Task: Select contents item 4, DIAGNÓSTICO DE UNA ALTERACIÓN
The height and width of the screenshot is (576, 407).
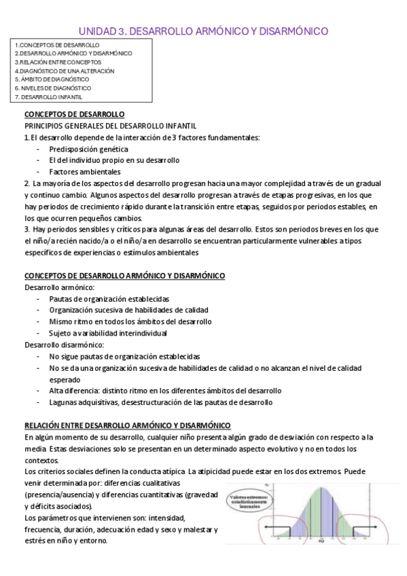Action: click(65, 71)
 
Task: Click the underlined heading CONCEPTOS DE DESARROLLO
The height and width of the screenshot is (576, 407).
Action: click(74, 115)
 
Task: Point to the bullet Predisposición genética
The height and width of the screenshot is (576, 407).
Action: click(88, 149)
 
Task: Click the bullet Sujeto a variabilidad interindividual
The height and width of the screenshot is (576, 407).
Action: click(107, 333)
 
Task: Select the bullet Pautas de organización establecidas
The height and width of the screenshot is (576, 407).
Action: click(109, 299)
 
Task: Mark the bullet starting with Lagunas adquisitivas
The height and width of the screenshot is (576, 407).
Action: click(160, 402)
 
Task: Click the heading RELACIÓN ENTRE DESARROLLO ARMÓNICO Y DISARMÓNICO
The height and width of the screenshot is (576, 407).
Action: click(128, 425)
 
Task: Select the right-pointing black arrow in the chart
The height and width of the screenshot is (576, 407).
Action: click(364, 526)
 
